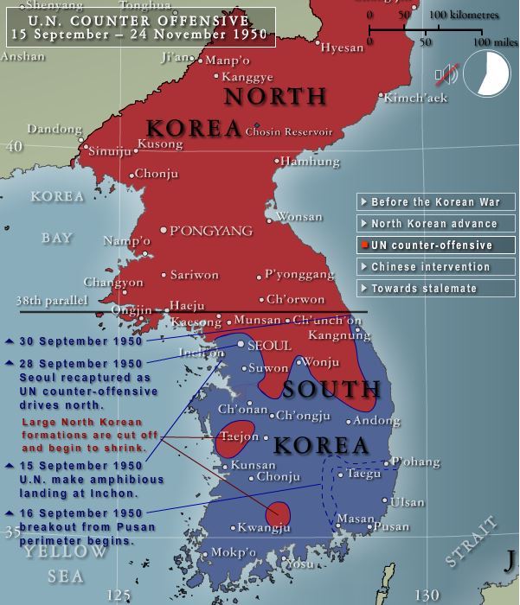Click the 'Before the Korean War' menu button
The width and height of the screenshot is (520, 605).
435,202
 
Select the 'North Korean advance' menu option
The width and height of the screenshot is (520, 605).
435,224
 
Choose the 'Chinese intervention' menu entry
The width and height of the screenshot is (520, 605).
435,267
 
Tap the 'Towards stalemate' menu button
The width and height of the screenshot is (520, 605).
435,289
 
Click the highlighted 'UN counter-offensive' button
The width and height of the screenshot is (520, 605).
435,245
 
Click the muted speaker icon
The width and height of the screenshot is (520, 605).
446,75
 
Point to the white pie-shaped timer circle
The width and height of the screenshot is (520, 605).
487,74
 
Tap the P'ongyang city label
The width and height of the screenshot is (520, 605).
211,231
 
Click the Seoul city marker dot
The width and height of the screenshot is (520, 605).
241,344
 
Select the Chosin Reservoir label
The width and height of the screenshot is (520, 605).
289,132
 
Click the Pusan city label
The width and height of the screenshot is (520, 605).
394,526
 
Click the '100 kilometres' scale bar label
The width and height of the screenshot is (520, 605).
462,15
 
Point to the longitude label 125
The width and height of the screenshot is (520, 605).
119,594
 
